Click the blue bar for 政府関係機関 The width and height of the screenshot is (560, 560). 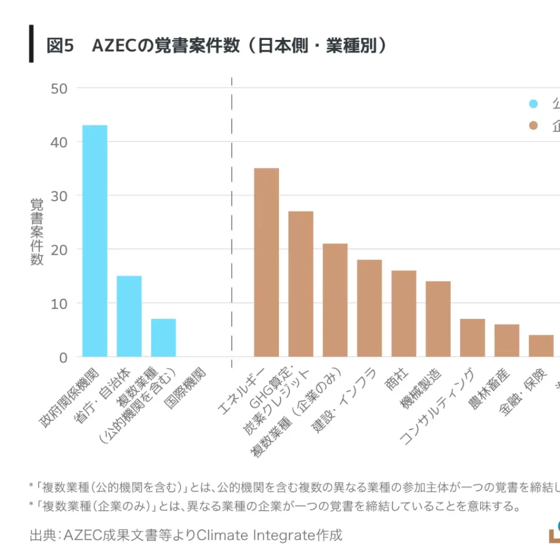pyautogui.click(x=95, y=241)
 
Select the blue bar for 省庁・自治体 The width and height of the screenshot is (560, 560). pyautogui.click(x=129, y=316)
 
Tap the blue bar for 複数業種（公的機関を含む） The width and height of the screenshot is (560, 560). pyautogui.click(x=164, y=337)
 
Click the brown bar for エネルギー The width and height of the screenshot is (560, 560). pyautogui.click(x=266, y=262)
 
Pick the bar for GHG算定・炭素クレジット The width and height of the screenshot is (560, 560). pyautogui.click(x=301, y=284)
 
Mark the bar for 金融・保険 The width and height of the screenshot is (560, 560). pyautogui.click(x=541, y=346)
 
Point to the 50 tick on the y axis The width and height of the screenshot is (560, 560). pyautogui.click(x=59, y=88)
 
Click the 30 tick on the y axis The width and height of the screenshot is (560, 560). pyautogui.click(x=59, y=196)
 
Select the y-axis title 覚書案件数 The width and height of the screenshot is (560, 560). pyautogui.click(x=37, y=232)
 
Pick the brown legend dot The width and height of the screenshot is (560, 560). pyautogui.click(x=534, y=126)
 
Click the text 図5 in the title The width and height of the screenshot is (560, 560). pyautogui.click(x=60, y=46)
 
